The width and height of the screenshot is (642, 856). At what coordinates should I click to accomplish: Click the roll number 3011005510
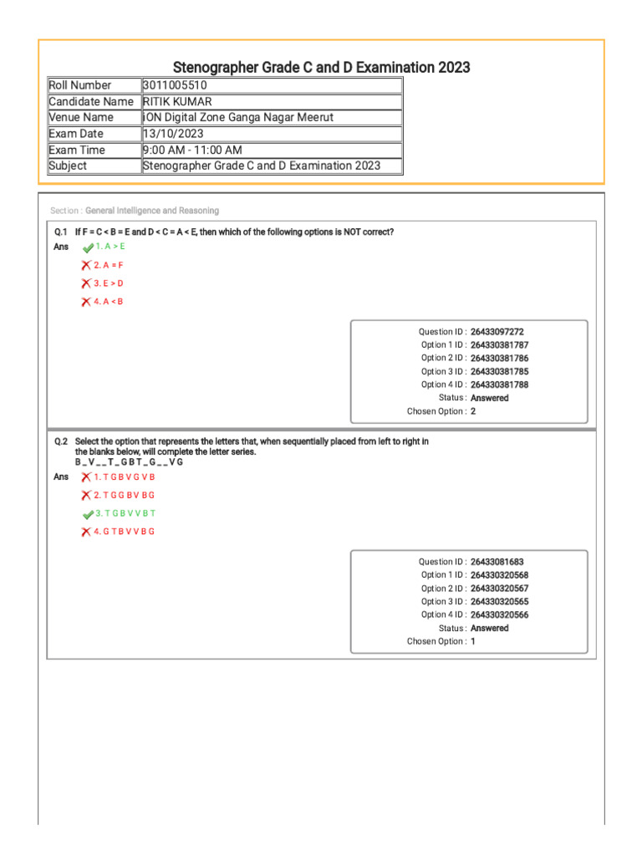176,85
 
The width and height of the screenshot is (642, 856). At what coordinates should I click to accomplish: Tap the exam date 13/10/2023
173,134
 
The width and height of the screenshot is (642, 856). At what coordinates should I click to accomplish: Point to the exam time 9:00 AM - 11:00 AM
192,150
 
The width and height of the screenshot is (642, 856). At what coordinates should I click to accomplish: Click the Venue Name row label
81,118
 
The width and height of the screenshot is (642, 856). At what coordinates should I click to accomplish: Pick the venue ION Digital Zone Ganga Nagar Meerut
238,118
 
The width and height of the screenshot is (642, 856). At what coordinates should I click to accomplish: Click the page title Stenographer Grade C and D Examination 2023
321,67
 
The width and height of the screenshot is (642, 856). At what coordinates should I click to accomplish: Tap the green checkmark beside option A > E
87,247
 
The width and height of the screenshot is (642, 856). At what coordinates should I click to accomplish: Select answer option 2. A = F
109,265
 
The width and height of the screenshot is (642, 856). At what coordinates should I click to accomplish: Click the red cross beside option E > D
86,283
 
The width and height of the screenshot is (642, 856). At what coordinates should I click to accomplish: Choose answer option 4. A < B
109,302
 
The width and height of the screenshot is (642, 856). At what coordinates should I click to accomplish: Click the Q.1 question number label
60,232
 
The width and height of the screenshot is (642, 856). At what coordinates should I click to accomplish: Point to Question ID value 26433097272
497,332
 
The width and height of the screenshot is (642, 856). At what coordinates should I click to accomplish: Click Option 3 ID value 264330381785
499,371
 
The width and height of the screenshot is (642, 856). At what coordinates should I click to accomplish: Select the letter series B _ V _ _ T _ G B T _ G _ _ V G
129,462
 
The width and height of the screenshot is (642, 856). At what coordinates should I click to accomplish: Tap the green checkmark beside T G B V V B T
87,514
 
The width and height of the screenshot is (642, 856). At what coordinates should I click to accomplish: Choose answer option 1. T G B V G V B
125,477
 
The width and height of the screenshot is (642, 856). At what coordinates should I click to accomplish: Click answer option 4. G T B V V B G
125,532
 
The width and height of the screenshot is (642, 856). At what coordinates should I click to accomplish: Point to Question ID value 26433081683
497,562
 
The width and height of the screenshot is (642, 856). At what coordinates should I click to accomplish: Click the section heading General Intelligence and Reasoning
152,211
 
